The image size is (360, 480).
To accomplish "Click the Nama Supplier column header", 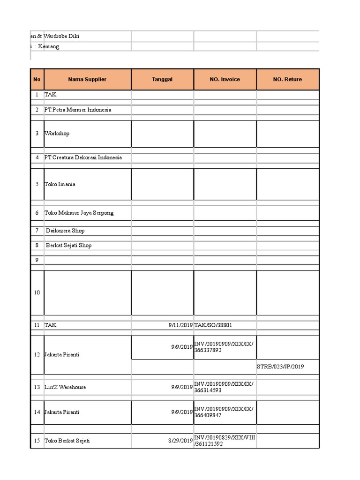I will coord(87,79).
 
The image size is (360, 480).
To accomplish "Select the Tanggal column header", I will coord(162,79).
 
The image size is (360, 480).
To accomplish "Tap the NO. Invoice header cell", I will coord(225,79).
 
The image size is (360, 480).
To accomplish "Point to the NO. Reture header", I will coord(287,79).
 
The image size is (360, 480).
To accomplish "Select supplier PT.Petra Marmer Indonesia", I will coord(78,110).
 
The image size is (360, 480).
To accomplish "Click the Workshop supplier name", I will coord(57,134).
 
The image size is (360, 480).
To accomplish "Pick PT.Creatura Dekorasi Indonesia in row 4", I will coord(83,157).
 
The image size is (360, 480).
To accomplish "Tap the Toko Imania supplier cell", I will coord(60,184).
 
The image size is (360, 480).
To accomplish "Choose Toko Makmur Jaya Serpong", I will coord(79,213).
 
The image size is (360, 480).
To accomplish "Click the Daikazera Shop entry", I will coord(65,231).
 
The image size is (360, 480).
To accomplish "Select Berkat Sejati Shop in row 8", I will coord(68,245).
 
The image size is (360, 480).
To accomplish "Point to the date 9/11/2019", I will coord(180,325).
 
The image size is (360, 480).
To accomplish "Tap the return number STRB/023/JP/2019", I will coord(280,367).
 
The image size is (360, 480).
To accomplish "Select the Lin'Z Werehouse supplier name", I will coord(65,387).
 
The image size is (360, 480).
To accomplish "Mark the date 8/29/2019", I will coord(180,441).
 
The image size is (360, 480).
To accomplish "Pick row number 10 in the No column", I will coord(37,292).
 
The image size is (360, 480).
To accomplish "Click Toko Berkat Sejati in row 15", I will coord(67,441).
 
